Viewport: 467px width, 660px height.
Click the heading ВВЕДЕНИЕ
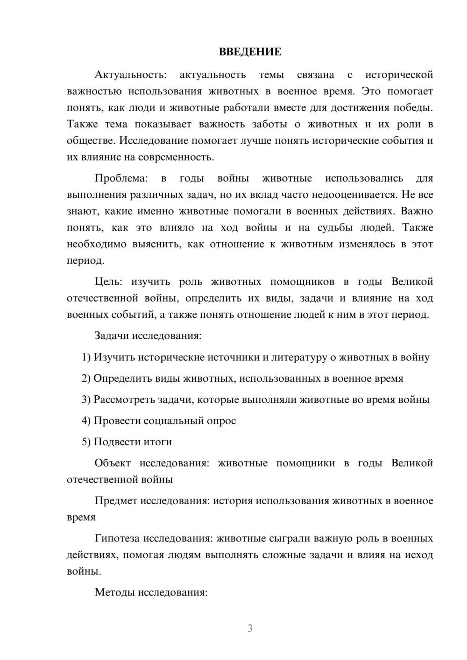click(250, 52)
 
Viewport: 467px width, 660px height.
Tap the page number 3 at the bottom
click(250, 628)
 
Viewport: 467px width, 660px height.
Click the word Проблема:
click(121, 178)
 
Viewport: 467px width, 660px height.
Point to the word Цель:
click(108, 282)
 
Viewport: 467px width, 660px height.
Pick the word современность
click(179, 157)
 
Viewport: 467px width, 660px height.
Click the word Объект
click(113, 463)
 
